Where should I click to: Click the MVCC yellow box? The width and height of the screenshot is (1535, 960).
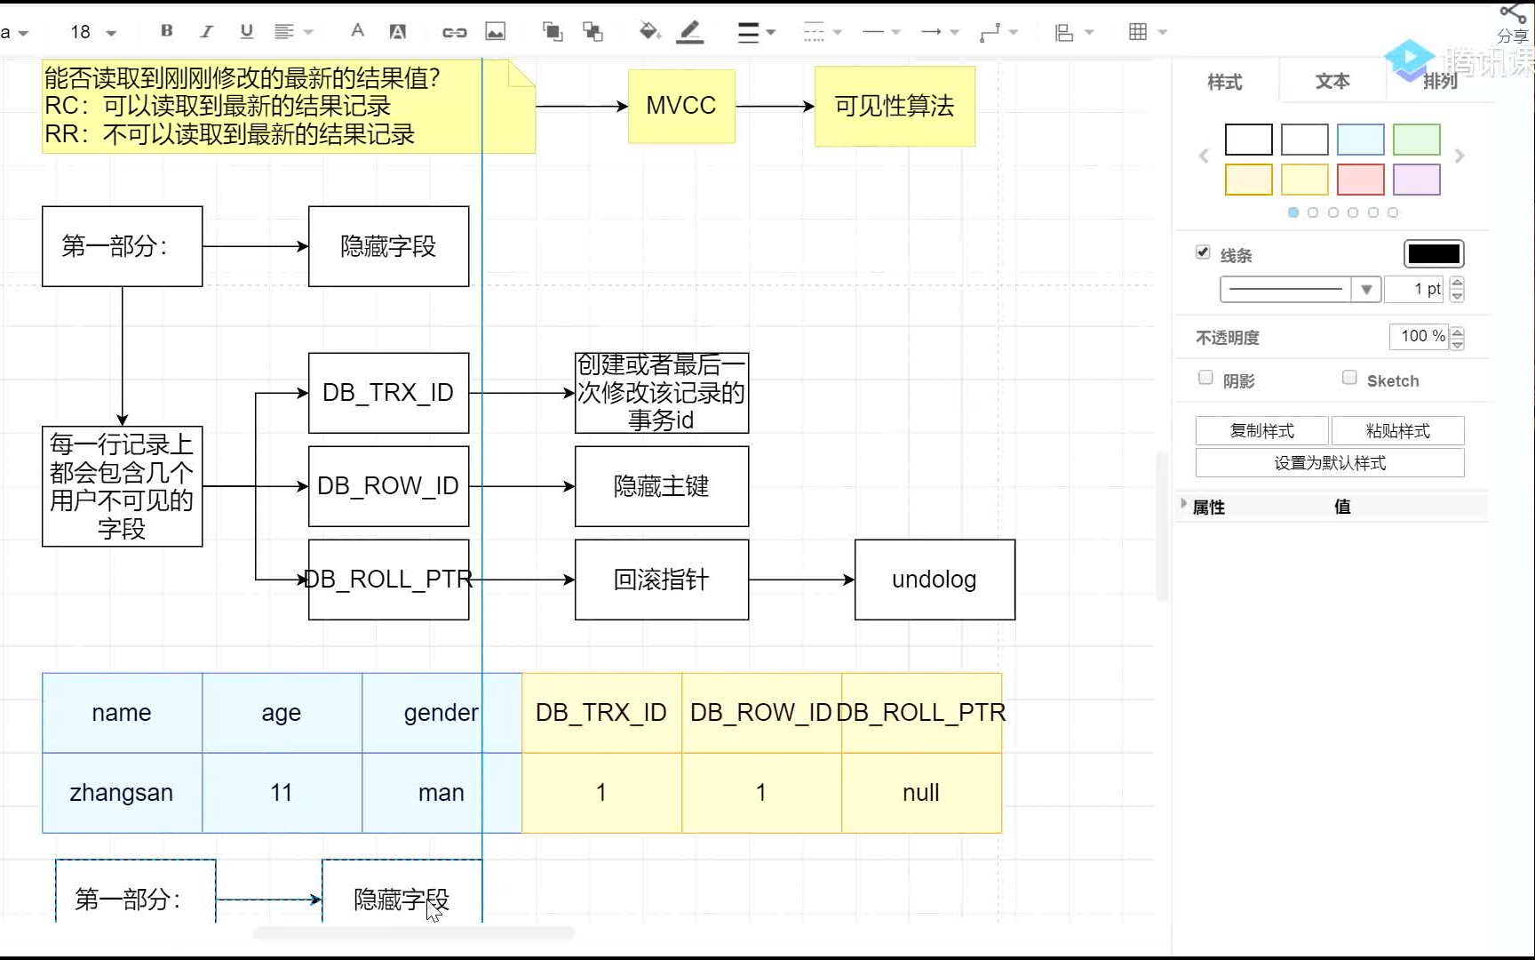click(681, 106)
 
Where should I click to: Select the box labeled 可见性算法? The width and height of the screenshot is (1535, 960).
click(895, 106)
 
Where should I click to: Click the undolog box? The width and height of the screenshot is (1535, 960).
click(935, 580)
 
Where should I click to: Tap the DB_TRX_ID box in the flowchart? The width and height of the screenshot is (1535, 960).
click(388, 393)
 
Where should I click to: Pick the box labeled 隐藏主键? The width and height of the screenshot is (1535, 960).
click(662, 486)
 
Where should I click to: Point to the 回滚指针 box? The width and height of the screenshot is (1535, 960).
click(662, 580)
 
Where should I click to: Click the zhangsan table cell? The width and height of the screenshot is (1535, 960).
click(122, 793)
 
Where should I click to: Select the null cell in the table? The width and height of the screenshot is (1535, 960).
click(921, 793)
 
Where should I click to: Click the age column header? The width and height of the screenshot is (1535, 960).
click(282, 713)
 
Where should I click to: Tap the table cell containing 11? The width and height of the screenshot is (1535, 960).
click(282, 793)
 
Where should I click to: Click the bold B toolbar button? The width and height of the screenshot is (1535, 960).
click(166, 31)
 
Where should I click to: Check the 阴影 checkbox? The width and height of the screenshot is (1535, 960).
click(1205, 378)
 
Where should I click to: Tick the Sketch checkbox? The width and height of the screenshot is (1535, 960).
click(1349, 378)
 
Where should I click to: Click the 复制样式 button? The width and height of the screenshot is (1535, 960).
click(1261, 431)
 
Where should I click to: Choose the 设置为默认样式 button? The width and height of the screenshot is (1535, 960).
click(1330, 463)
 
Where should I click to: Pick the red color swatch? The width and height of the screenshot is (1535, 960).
click(1360, 180)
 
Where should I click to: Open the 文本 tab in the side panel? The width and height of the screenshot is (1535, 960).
click(1332, 82)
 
